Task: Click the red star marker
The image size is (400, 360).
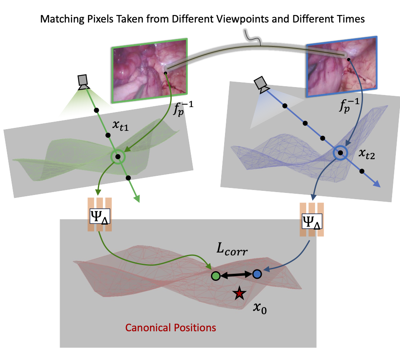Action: tap(239, 293)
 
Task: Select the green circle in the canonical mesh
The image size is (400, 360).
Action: tap(215, 275)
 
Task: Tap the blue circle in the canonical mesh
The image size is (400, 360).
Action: tap(257, 274)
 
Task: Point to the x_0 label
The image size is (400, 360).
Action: tap(260, 308)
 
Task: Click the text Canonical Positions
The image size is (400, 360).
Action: tap(171, 327)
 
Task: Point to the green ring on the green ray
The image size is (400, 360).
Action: tap(118, 157)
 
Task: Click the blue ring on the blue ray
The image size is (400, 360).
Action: tap(340, 153)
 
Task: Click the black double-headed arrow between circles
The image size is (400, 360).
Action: tap(236, 275)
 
